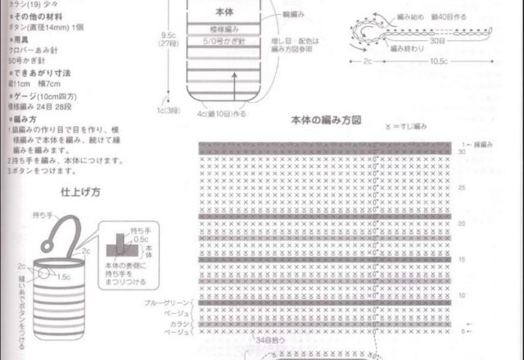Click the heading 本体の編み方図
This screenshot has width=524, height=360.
pos(327,119)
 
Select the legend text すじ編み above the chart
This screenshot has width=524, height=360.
pos(413,128)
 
